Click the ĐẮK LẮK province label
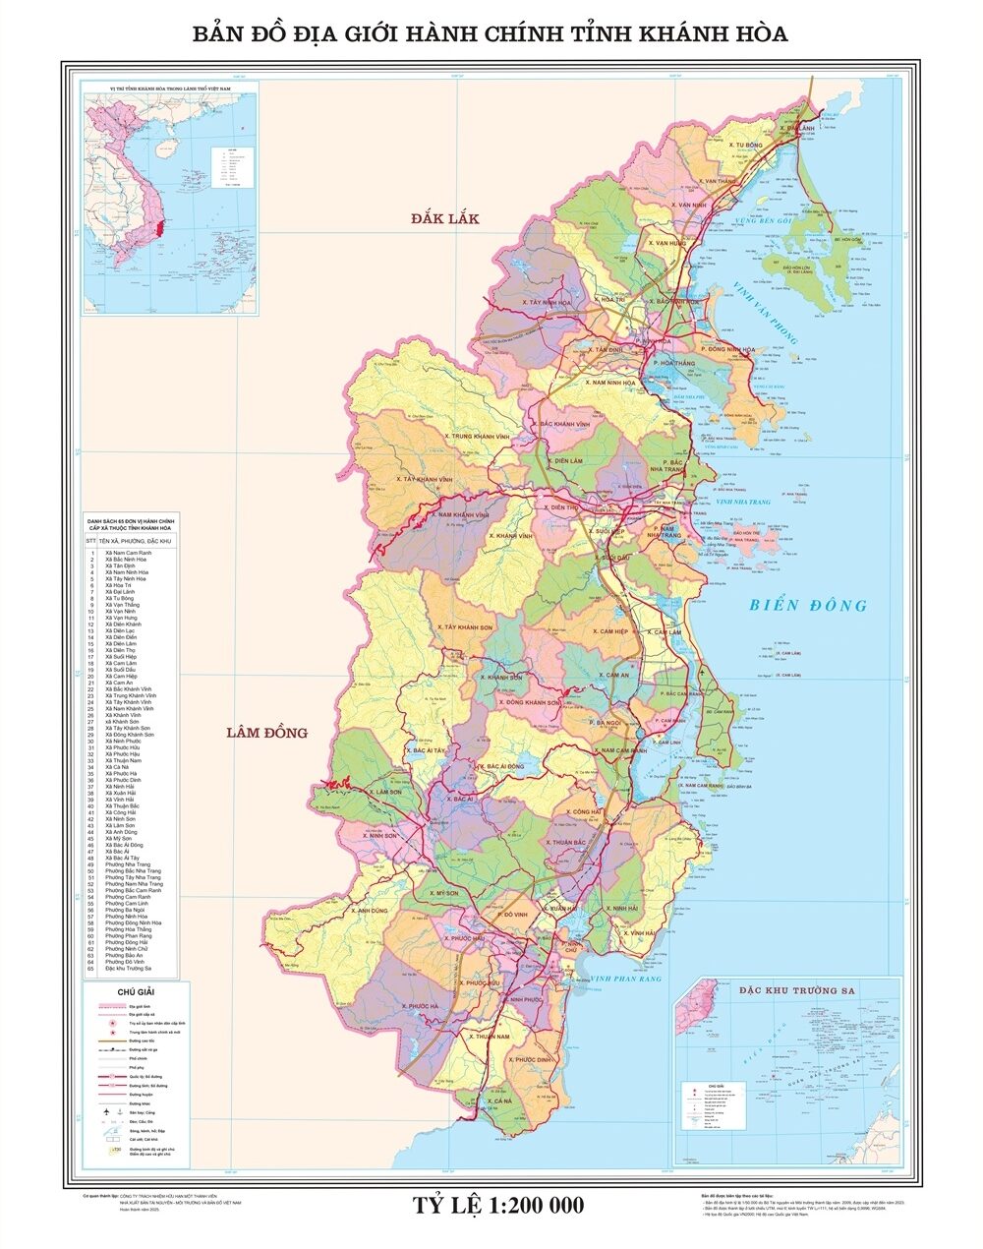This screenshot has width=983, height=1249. point(445,218)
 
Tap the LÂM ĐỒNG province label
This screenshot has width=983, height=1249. point(266,732)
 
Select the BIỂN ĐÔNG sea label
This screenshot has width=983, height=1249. point(808,605)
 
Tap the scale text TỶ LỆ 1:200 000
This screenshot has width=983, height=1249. point(497,1205)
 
